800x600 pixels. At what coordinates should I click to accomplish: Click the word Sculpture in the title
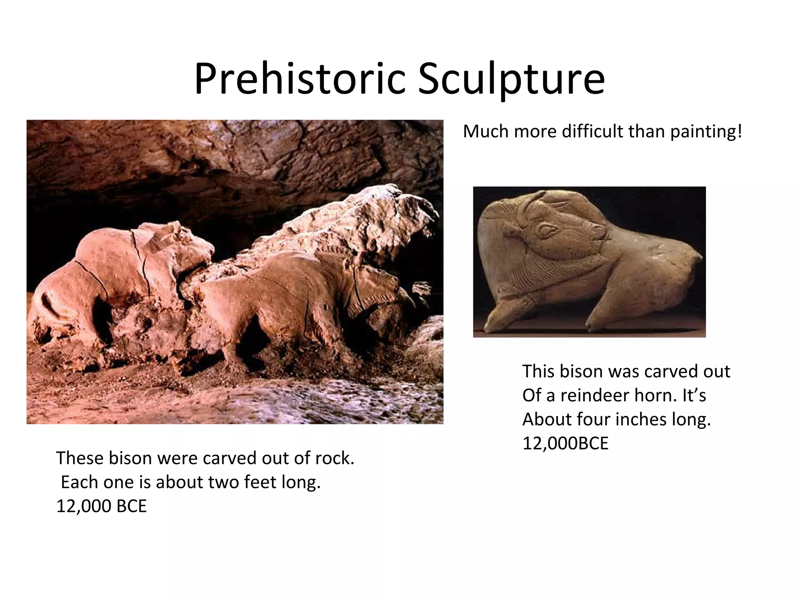[511, 79]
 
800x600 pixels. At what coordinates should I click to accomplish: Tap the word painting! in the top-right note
[706, 132]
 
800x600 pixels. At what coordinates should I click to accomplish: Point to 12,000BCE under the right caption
[565, 444]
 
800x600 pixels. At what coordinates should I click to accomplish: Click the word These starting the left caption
[80, 458]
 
